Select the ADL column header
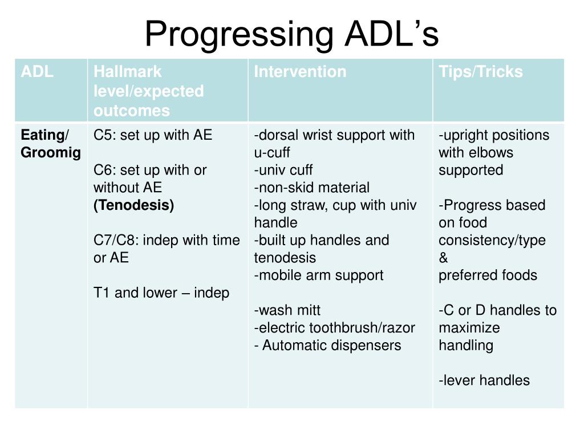pos(37,72)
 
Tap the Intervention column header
pos(300,72)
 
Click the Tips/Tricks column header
pos(480,72)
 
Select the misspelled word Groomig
pos(51,153)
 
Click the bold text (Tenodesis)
pos(134,205)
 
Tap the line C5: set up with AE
pos(153,135)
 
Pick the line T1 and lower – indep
pos(161,293)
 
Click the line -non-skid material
pos(312,188)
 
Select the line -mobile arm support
pos(319,275)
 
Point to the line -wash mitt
pos(287,311)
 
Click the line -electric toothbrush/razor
pos(335,328)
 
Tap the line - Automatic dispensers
pos(328,346)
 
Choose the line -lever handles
pos(484,380)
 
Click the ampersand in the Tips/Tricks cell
pos(444,258)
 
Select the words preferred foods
pos(488,275)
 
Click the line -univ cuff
pos(283,170)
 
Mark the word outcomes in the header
pos(132,111)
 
